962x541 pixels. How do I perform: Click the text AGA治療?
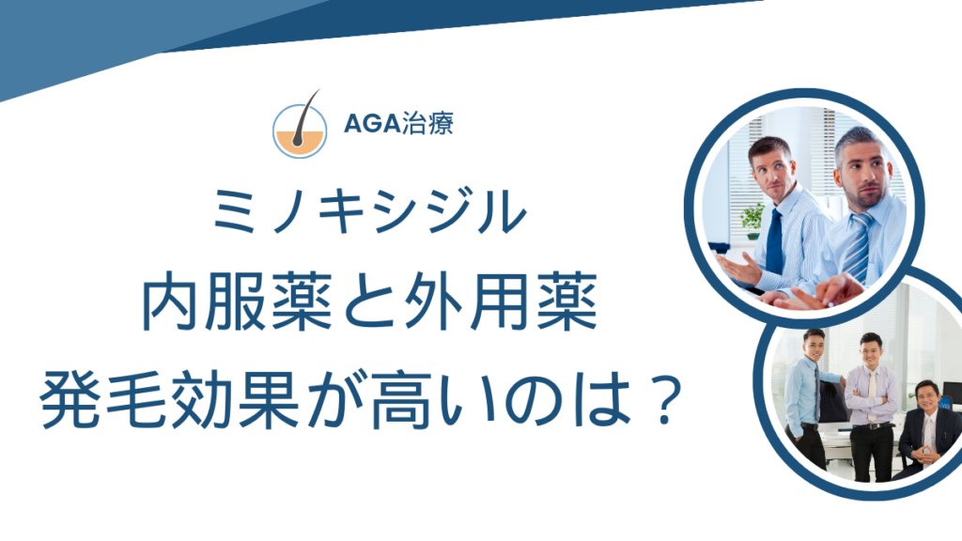click(x=398, y=123)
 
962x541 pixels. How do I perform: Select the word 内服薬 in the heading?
click(x=238, y=302)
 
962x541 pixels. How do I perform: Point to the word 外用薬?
click(x=501, y=302)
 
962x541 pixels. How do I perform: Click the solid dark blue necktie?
click(x=774, y=243)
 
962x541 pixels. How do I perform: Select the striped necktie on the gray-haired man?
click(x=858, y=248)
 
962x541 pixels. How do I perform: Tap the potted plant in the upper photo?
click(x=753, y=221)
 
